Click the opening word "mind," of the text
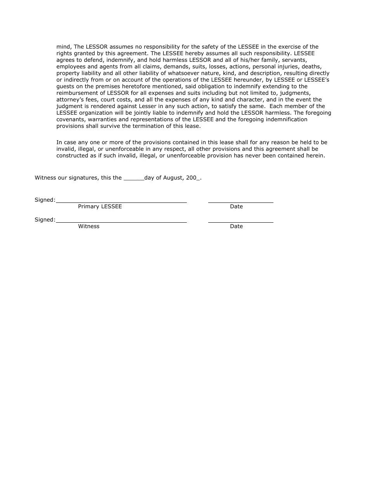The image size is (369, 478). click(64, 47)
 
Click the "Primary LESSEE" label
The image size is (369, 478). click(100, 207)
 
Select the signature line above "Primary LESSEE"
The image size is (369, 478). click(121, 202)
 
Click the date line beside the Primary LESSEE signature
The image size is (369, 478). click(241, 202)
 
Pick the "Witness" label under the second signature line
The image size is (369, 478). click(89, 227)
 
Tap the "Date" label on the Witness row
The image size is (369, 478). click(236, 227)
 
